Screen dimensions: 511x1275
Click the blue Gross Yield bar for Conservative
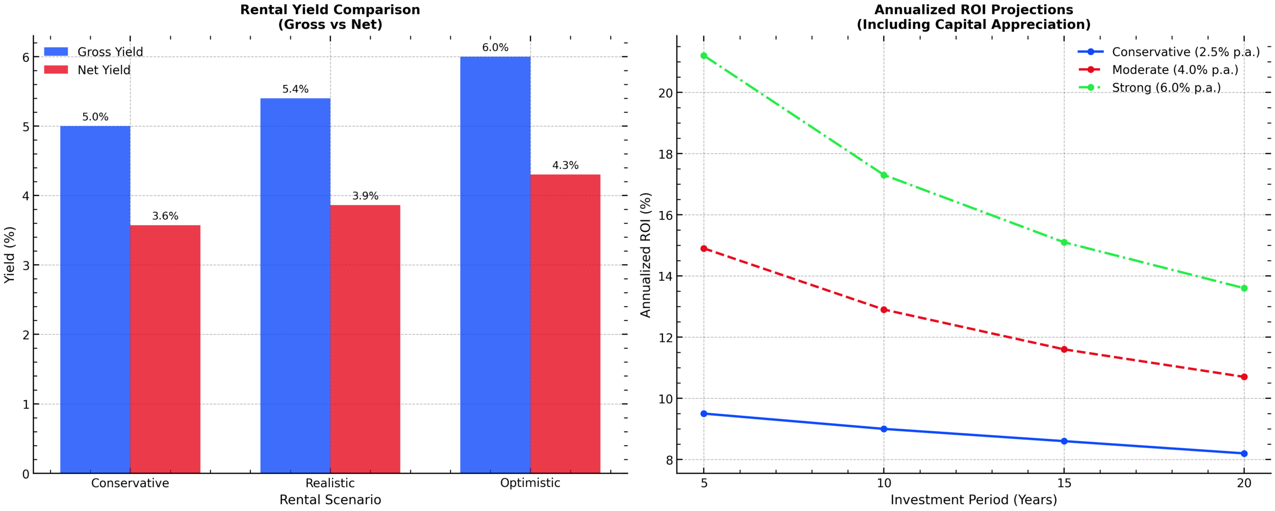95,299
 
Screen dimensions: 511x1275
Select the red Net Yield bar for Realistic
365,339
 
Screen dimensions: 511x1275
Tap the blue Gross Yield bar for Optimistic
495,264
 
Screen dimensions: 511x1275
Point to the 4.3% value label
565,166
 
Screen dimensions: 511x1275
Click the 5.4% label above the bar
295,89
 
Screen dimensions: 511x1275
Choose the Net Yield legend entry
104,70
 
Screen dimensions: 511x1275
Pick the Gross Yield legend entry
110,52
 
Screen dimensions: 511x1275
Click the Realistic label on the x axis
330,483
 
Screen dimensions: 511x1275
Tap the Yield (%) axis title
9,255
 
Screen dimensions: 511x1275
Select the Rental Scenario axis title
330,500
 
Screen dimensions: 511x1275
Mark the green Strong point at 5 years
704,56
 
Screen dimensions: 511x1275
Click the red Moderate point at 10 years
884,310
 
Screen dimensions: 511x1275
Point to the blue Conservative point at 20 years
1244,454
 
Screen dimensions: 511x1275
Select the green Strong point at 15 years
1064,242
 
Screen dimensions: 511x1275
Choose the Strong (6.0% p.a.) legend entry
1166,88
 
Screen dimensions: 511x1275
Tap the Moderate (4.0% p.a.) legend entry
1175,70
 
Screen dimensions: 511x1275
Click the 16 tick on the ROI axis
665,215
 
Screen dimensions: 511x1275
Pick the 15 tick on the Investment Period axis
1064,483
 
